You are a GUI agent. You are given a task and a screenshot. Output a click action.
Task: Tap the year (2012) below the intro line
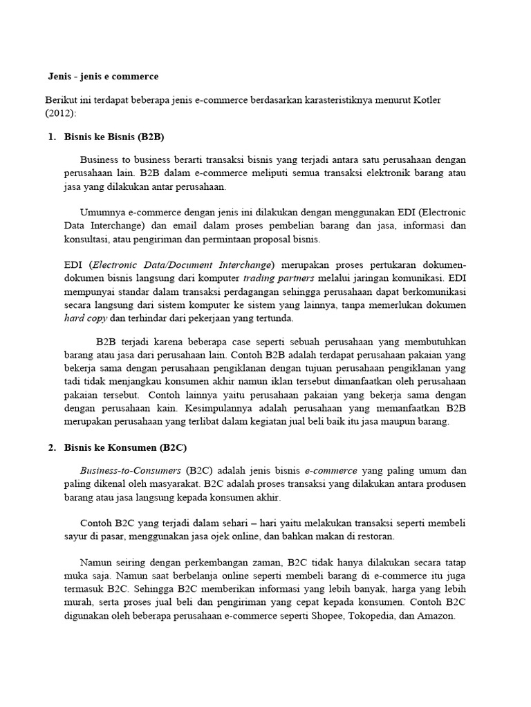62,112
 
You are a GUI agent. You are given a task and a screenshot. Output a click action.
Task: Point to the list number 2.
52,447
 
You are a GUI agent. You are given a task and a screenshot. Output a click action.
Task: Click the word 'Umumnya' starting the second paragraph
102,212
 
